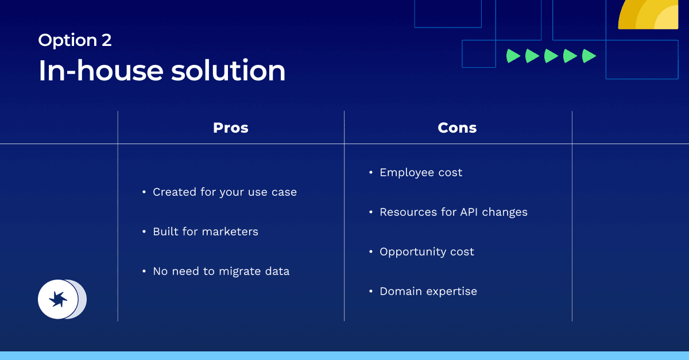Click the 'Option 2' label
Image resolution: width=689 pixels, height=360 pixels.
pos(75,40)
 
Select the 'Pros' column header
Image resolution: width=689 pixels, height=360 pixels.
pos(231,127)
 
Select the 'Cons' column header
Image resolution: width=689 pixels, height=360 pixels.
pos(457,127)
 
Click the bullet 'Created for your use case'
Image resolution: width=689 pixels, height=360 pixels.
pos(224,192)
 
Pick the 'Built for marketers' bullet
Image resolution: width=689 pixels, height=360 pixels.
pos(205,232)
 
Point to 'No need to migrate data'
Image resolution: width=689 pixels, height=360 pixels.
pos(220,272)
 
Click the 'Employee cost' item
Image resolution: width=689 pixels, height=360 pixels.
pos(421,173)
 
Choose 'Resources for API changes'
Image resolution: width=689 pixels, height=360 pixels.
pos(453,212)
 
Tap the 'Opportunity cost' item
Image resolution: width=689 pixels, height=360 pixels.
pos(427,252)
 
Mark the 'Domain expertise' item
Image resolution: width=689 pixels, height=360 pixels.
pos(428,292)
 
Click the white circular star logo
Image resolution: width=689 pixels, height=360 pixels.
pos(58,299)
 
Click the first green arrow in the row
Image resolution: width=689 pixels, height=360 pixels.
pos(513,56)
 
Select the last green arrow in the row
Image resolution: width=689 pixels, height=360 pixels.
pos(589,56)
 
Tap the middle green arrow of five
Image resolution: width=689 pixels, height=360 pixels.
pos(551,56)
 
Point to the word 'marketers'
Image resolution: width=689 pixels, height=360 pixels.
pos(231,232)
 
